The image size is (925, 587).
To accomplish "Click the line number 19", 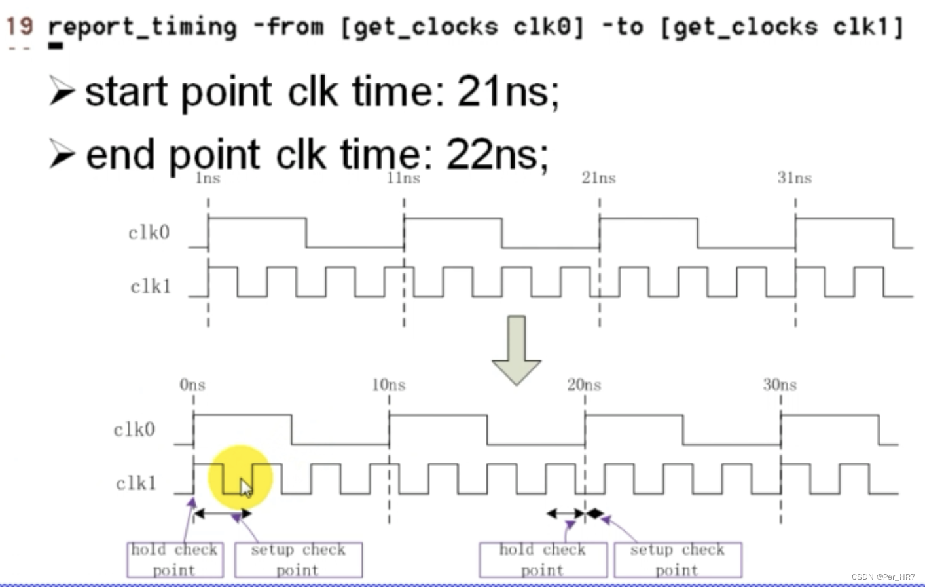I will point(19,26).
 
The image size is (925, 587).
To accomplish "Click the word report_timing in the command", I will point(142,28).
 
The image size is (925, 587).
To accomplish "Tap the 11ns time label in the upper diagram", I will point(403,178).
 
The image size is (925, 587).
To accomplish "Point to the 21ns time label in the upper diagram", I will point(598,178).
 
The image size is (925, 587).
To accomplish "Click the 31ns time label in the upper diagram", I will point(794,178).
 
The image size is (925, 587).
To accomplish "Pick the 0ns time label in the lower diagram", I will point(192,385).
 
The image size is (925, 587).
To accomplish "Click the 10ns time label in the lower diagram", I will point(388,385).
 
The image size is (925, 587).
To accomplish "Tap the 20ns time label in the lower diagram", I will point(584,385).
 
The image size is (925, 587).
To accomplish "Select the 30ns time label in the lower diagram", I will point(780,385).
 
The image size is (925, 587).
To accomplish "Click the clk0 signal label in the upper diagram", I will point(149,233).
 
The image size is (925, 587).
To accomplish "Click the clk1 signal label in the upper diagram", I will point(150,286).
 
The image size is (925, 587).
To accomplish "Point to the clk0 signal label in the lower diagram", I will point(134,430).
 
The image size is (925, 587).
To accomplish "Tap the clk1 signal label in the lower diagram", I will point(136,483).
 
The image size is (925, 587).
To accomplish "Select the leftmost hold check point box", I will point(174,559).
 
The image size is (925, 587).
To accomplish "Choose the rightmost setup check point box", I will point(677,559).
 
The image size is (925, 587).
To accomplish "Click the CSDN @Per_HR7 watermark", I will point(883,577).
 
